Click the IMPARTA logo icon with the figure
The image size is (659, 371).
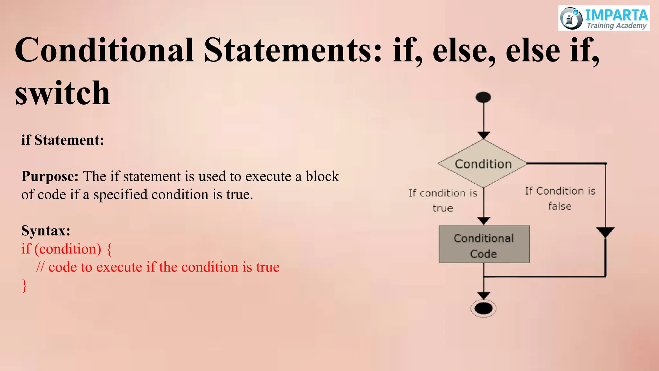coord(571,18)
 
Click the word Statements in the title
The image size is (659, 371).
coord(293,50)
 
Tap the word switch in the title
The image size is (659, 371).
coord(62,93)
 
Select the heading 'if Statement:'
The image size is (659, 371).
coord(63,140)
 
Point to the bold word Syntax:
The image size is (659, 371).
coord(46,231)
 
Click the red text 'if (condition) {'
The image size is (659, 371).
coord(67,249)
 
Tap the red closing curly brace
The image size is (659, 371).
coord(24,286)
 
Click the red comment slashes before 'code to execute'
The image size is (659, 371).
coord(40,267)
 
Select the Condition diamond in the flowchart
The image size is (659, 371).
coord(483,164)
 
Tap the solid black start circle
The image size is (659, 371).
coord(483,97)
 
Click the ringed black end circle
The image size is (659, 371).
coord(483,309)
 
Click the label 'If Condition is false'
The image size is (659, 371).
coord(560,198)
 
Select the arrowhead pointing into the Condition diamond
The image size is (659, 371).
coord(484,135)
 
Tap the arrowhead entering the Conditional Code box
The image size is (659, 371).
coord(484,221)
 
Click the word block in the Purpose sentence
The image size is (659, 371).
coord(322,176)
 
